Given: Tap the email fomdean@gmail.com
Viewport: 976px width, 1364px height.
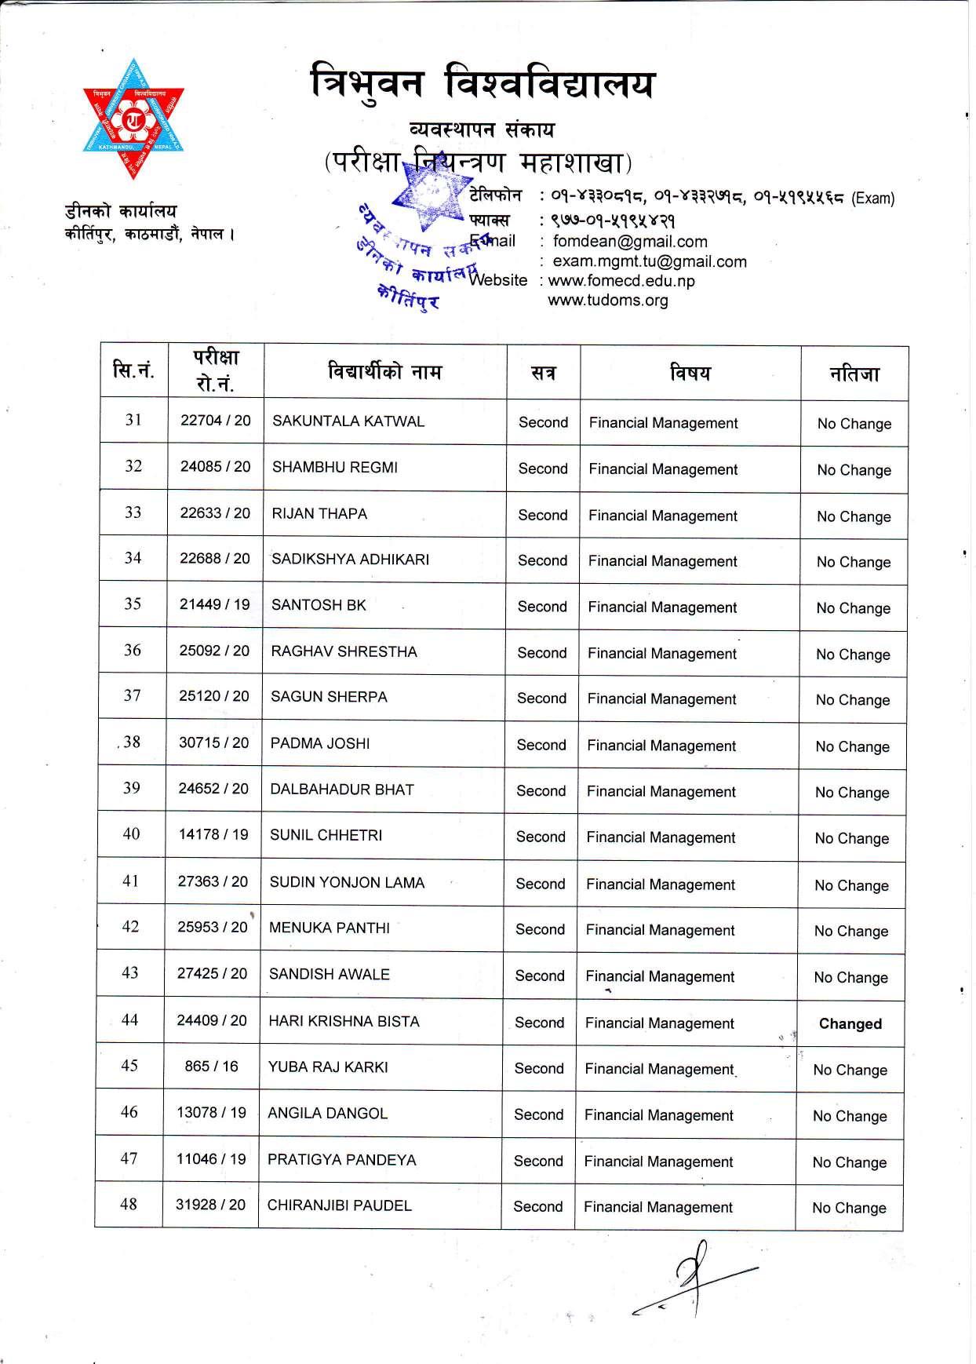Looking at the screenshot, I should pyautogui.click(x=630, y=242).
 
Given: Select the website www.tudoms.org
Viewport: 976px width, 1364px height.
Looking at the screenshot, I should pyautogui.click(x=608, y=300).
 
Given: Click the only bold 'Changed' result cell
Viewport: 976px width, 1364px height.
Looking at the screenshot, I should pyautogui.click(x=850, y=1023).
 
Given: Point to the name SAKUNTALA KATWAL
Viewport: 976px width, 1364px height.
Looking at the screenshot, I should pyautogui.click(x=348, y=421).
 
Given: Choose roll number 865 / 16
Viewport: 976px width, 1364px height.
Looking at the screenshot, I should pyautogui.click(x=211, y=1066).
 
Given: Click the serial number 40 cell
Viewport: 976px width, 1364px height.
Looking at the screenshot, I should pyautogui.click(x=131, y=834).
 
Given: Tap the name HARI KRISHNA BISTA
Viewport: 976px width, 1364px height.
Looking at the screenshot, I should pyautogui.click(x=344, y=1021).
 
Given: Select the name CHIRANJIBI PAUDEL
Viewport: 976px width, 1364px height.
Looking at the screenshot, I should pyautogui.click(x=339, y=1205).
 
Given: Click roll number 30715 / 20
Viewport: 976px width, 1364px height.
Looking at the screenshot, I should pyautogui.click(x=213, y=742).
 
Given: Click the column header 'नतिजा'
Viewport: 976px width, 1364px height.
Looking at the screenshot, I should pyautogui.click(x=854, y=374).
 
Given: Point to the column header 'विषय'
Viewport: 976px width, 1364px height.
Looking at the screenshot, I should pyautogui.click(x=690, y=373).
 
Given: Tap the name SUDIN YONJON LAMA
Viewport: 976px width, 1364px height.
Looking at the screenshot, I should pyautogui.click(x=347, y=882).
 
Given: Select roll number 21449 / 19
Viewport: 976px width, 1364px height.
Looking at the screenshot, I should pyautogui.click(x=214, y=604).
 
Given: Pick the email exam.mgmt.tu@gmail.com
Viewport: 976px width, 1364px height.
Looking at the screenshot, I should pyautogui.click(x=650, y=261).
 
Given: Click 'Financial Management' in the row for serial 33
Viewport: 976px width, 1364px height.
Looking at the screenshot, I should pyautogui.click(x=663, y=516).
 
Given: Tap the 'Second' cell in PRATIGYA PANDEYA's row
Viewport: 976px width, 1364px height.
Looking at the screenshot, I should pyautogui.click(x=538, y=1161).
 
